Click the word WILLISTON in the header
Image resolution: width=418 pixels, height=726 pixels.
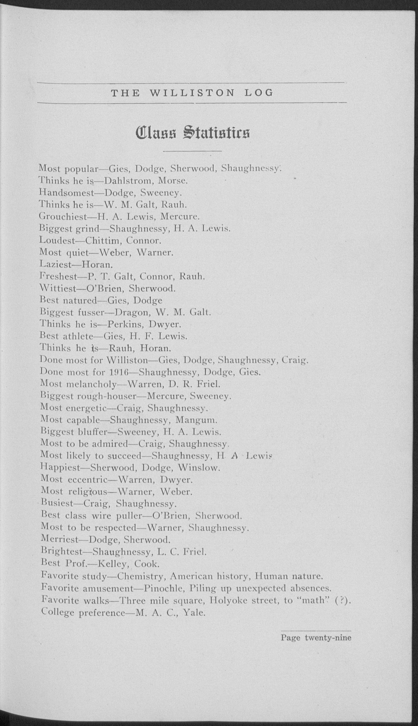coord(192,93)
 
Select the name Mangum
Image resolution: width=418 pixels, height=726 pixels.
coord(196,420)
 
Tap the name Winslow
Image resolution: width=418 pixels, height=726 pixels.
coord(199,468)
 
